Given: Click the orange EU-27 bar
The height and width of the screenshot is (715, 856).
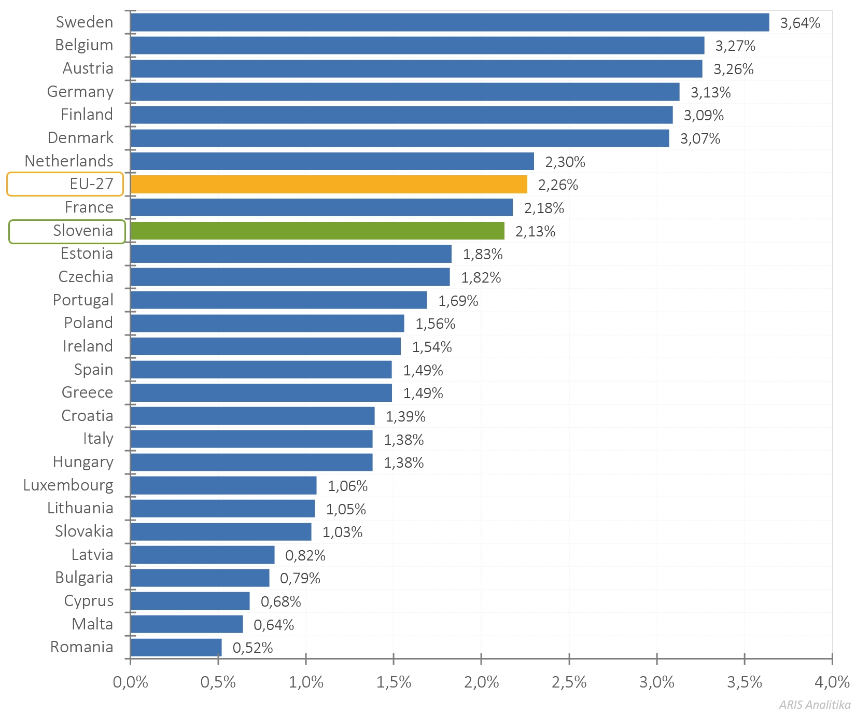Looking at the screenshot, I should click(x=329, y=185).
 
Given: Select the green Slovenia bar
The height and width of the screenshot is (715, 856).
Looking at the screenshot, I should click(x=317, y=231).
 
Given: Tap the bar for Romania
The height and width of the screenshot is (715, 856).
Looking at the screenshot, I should click(x=176, y=647).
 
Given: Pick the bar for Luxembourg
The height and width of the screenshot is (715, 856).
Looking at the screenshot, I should click(x=223, y=485).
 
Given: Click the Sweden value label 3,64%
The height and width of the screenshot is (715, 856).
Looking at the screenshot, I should click(x=800, y=23).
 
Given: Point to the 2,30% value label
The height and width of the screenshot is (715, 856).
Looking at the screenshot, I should click(x=565, y=162).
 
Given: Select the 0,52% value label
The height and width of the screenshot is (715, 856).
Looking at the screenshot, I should click(x=252, y=648).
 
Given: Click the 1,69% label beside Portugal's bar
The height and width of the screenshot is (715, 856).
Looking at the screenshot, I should click(x=458, y=301).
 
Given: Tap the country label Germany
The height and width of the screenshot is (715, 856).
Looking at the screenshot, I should click(x=80, y=92).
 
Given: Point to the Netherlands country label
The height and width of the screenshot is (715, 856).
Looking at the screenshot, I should click(x=69, y=161).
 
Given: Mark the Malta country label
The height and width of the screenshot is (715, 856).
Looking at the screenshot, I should click(x=92, y=624).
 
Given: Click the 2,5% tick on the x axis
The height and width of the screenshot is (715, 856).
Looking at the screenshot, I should click(x=569, y=682).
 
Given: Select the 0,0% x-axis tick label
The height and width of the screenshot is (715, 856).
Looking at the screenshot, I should click(x=130, y=682).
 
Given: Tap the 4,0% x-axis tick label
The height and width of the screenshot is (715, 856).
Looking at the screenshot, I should click(x=832, y=682).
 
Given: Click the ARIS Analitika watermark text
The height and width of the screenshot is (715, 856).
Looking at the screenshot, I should click(x=815, y=705).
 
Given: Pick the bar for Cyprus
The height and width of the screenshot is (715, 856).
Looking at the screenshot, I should click(x=190, y=601).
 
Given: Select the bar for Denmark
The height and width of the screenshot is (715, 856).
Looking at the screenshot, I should click(x=400, y=138).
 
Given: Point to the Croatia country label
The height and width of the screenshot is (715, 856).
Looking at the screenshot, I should click(x=87, y=416).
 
